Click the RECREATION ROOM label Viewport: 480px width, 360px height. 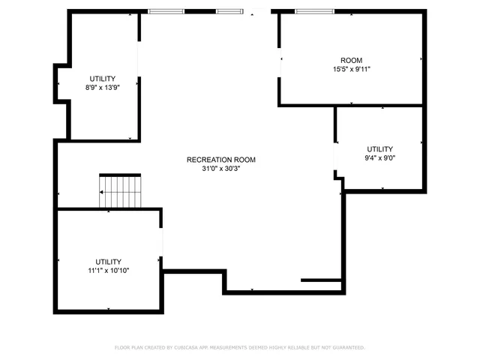click(221, 160)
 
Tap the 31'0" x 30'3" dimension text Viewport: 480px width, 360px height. click(221, 169)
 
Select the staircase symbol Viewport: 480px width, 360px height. click(121, 192)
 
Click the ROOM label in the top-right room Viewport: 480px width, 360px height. click(352, 60)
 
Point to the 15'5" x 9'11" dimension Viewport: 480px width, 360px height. click(352, 69)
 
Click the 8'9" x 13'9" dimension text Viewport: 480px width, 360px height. click(103, 88)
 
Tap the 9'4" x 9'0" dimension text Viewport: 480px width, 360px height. click(379, 158)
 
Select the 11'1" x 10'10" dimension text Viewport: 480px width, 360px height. click(108, 271)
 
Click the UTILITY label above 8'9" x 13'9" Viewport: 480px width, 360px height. click(103, 79)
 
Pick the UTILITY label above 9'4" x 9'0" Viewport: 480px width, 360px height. click(379, 148)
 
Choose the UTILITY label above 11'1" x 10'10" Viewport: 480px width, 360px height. click(108, 262)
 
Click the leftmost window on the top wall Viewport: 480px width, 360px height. click(166, 11)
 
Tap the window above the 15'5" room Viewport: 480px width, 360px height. click(314, 11)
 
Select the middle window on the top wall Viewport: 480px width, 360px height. click(229, 11)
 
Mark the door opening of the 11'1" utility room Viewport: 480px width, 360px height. click(161, 241)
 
